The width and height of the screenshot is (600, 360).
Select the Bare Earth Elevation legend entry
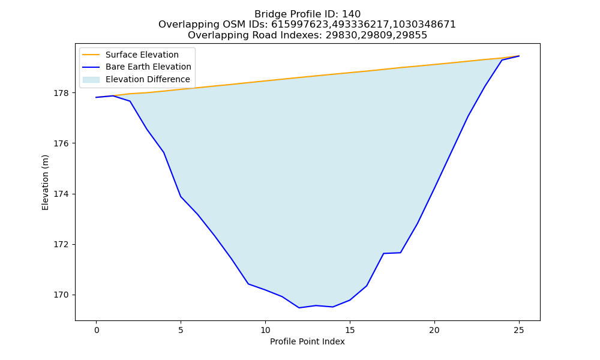(x=137, y=67)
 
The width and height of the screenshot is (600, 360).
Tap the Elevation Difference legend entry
(x=136, y=80)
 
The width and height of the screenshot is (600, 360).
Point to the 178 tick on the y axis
(x=62, y=93)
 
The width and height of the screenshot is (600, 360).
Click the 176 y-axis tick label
(x=62, y=143)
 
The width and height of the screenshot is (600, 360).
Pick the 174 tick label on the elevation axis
(x=62, y=194)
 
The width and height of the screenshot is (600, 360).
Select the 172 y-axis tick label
(x=62, y=244)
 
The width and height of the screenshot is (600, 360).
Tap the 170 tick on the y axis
(x=62, y=295)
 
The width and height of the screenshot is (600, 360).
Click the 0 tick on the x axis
(x=97, y=330)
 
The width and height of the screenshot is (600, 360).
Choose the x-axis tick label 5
(x=181, y=330)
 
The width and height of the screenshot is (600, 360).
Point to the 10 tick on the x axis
(x=265, y=330)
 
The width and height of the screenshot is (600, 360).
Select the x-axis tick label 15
(x=350, y=330)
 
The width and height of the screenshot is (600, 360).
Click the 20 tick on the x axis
(x=434, y=330)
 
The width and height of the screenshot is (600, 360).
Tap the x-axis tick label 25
(x=519, y=330)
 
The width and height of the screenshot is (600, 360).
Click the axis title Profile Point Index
(x=307, y=341)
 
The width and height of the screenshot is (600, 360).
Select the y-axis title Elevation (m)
(x=45, y=182)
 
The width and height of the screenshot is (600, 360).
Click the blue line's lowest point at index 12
(x=299, y=308)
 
